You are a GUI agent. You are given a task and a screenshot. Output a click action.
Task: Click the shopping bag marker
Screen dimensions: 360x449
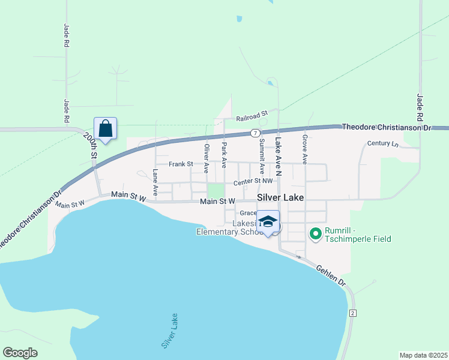(105, 129)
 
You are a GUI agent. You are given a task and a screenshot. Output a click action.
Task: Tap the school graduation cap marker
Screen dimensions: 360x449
(268, 221)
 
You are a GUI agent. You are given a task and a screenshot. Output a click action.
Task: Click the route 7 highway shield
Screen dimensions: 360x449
(256, 133)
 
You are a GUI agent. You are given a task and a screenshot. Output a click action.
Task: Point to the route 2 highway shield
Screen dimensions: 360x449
(352, 313)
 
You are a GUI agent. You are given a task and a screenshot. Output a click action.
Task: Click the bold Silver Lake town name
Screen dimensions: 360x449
(280, 197)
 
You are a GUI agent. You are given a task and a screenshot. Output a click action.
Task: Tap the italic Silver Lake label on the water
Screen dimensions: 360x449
(169, 331)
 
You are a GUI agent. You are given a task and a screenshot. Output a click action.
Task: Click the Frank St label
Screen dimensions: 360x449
(181, 164)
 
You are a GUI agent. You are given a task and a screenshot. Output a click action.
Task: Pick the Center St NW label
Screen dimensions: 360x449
(253, 181)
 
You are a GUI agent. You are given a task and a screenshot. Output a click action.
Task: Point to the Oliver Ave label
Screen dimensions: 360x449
(206, 155)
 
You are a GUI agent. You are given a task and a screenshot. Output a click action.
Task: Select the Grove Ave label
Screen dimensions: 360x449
(305, 149)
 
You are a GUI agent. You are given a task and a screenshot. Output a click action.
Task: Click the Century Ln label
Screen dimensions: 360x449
(383, 144)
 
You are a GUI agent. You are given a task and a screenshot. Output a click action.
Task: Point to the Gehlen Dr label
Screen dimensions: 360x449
(330, 275)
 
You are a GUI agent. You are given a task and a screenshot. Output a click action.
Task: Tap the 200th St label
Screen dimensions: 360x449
(91, 145)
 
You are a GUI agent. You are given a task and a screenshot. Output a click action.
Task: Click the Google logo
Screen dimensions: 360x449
(20, 353)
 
